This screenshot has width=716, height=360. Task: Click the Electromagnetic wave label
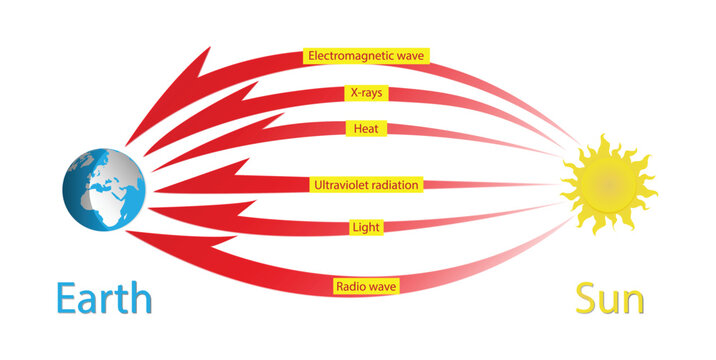click(x=367, y=56)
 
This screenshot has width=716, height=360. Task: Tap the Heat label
click(x=365, y=129)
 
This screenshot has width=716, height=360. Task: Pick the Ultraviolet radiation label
click(x=367, y=185)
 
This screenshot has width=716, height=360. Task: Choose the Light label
click(x=365, y=228)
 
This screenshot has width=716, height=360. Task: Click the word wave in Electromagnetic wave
click(x=410, y=56)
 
